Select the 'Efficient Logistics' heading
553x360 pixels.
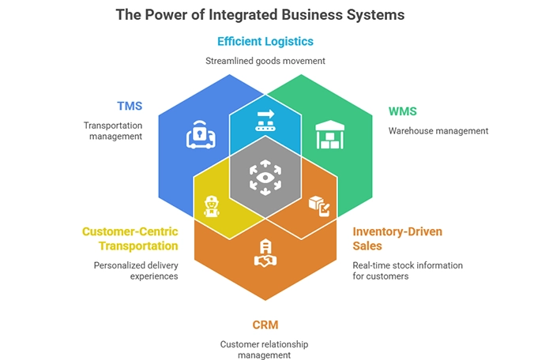click(x=265, y=41)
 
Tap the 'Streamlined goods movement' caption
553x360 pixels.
click(x=265, y=60)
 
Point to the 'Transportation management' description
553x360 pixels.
click(x=113, y=130)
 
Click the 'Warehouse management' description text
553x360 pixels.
click(x=438, y=130)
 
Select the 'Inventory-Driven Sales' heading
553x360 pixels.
click(x=397, y=238)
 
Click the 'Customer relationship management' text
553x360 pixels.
click(x=265, y=350)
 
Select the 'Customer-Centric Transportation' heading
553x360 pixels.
click(x=130, y=238)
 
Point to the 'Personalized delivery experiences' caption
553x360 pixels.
click(x=134, y=271)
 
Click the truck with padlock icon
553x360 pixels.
click(x=201, y=135)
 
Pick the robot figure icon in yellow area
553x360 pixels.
click(x=211, y=207)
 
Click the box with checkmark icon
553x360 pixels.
click(x=319, y=205)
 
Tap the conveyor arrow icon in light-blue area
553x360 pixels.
click(x=265, y=120)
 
